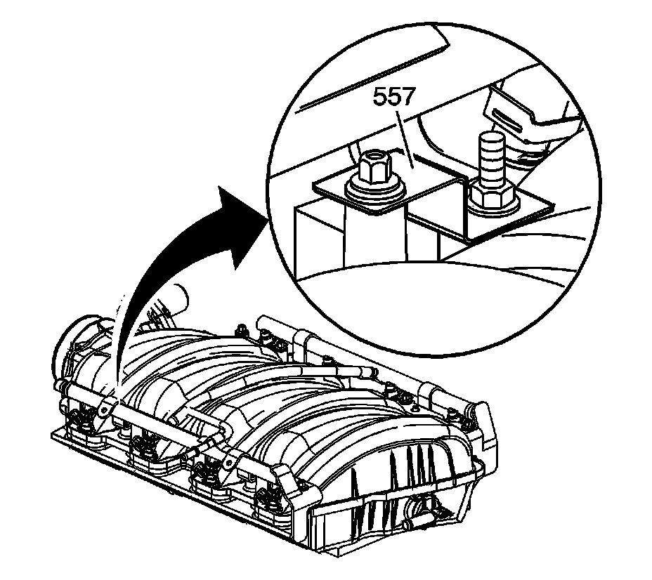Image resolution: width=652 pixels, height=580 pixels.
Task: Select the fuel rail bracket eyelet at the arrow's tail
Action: point(106,407)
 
